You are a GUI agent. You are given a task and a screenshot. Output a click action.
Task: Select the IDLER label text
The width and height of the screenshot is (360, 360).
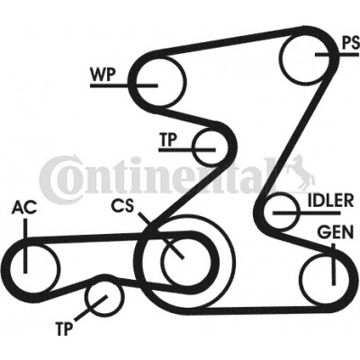tap(330, 201)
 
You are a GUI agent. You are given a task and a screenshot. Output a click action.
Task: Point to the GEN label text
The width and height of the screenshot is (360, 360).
tap(336, 232)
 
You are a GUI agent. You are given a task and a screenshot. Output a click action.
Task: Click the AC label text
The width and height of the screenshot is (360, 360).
tap(24, 208)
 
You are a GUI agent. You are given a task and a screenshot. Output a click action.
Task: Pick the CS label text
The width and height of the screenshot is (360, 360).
tap(122, 206)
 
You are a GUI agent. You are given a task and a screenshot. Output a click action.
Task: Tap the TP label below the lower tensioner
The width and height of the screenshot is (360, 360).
tap(64, 328)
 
